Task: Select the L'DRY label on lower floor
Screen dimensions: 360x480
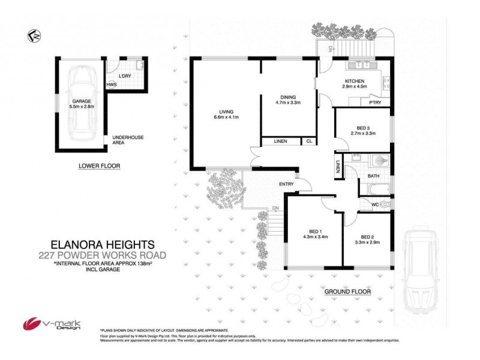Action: click(125, 76)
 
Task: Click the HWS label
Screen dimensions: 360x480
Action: click(111, 85)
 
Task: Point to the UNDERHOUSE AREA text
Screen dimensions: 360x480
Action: click(128, 141)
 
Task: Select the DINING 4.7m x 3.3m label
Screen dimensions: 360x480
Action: click(287, 100)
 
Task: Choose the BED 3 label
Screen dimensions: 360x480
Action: click(362, 130)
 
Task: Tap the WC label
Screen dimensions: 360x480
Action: click(374, 205)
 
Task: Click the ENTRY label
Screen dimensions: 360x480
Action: click(286, 184)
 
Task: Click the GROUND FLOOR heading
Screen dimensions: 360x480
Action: click(347, 292)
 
